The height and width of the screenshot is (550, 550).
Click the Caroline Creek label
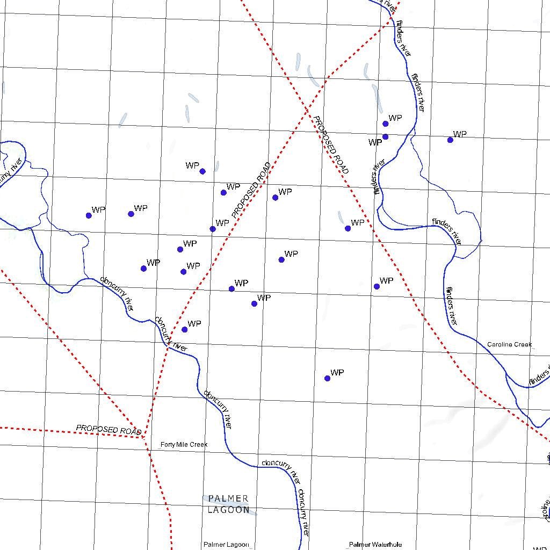[x=509, y=344]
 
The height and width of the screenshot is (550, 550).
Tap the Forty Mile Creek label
[x=184, y=445]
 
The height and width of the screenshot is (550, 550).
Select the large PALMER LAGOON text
[x=228, y=504]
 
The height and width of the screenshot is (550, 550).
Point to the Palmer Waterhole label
[x=375, y=545]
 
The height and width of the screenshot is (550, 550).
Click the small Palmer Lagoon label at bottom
[x=226, y=545]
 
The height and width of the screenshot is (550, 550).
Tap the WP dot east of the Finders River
[x=450, y=140]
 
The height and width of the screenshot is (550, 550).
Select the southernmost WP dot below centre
[x=327, y=378]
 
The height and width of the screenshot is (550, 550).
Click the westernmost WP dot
[x=89, y=215]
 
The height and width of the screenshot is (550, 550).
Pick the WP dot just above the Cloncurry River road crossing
[x=184, y=329]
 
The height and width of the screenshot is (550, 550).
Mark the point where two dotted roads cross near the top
[x=306, y=108]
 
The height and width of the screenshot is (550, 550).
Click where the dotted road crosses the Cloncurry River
[x=168, y=348]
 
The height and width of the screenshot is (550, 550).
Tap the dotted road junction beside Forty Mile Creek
[x=143, y=437]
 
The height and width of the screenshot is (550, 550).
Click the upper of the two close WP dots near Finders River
[x=385, y=124]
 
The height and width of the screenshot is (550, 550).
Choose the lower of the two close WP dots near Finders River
[x=385, y=136]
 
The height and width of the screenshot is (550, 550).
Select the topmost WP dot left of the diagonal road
[x=202, y=171]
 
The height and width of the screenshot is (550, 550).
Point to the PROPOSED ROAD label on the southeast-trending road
[x=331, y=145]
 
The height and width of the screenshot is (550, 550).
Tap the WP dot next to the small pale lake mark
[x=348, y=228]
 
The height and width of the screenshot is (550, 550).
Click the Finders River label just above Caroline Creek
[x=451, y=306]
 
